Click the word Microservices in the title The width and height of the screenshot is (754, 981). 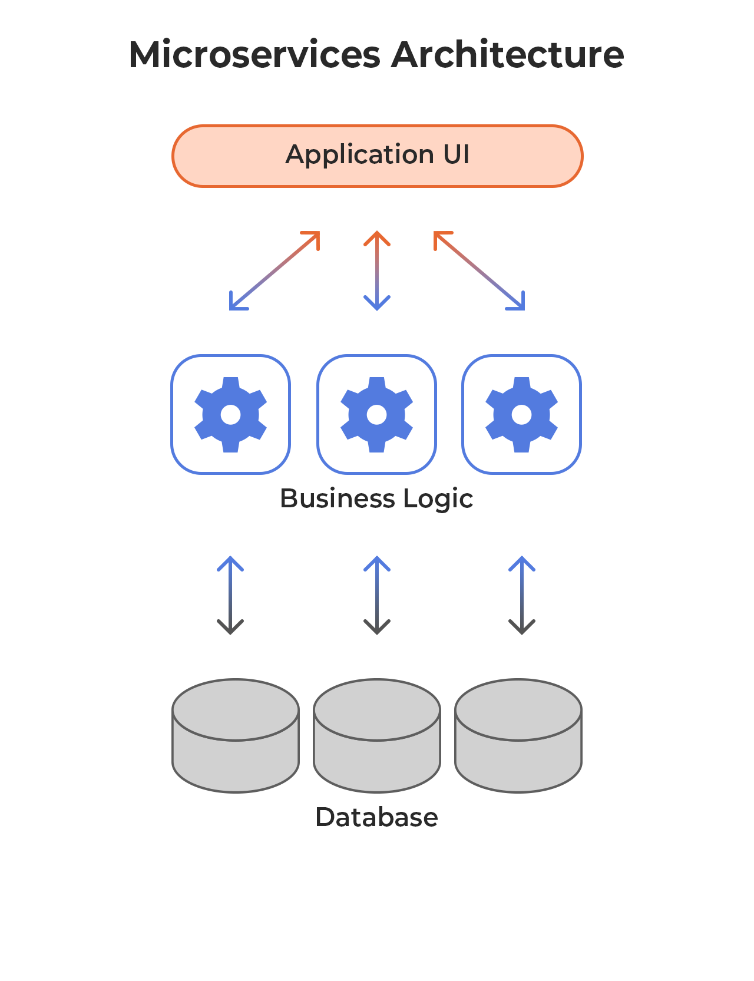(x=254, y=55)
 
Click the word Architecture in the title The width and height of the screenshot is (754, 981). (x=507, y=55)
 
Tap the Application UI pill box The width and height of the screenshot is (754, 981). (x=377, y=156)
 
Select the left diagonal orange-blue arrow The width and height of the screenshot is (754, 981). (x=275, y=270)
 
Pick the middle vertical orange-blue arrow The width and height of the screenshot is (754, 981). (x=377, y=270)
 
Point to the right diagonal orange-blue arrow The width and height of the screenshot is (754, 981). (x=479, y=270)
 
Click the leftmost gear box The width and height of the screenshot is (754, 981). (x=230, y=414)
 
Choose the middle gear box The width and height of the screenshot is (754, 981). (x=376, y=414)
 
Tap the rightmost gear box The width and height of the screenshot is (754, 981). (x=521, y=414)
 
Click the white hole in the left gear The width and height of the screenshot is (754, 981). (x=230, y=415)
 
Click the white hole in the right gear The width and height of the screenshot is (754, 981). (x=521, y=415)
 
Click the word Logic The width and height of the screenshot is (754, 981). (x=438, y=500)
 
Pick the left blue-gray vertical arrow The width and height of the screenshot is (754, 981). (x=230, y=595)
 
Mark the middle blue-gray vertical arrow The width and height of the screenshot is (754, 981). (x=377, y=595)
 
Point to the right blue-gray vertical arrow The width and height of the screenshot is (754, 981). (x=521, y=595)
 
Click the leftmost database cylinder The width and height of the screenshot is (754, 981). (x=236, y=736)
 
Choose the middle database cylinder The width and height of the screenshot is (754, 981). (x=377, y=736)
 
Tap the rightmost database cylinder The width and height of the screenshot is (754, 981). (x=518, y=736)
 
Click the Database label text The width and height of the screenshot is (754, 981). (x=376, y=817)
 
